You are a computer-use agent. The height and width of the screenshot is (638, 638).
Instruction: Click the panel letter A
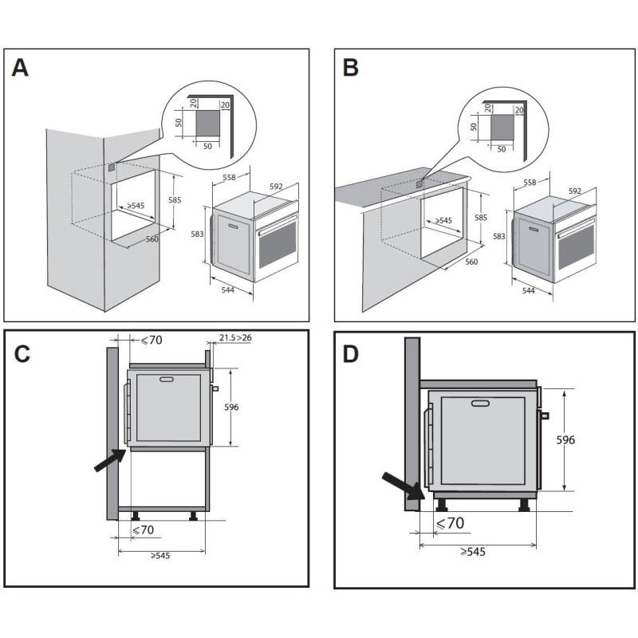[21, 68]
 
